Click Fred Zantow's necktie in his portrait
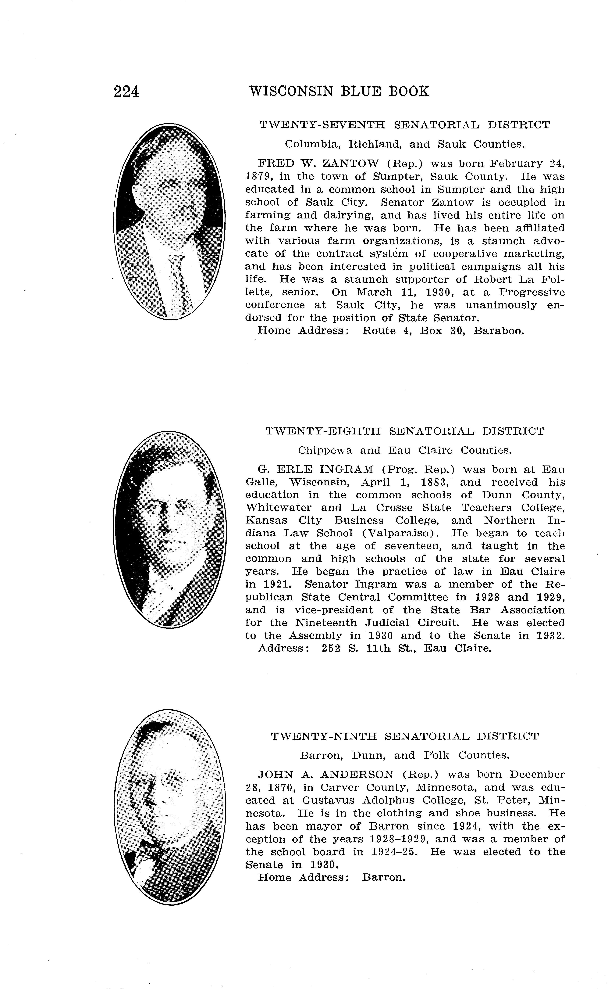coord(179,281)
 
